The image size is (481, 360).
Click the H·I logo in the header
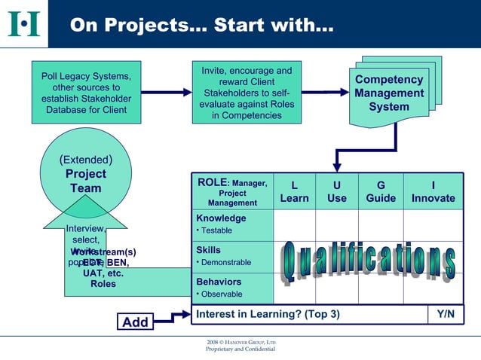click(x=23, y=23)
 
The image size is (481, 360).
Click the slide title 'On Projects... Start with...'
click(x=201, y=25)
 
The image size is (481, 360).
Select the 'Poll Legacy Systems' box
click(x=86, y=93)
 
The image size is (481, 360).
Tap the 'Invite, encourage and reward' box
click(x=247, y=93)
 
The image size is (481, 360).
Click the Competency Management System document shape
click(x=389, y=93)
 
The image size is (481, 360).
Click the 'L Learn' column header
click(x=294, y=191)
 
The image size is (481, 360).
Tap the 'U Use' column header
click(x=337, y=191)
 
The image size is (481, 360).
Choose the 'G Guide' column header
click(x=381, y=191)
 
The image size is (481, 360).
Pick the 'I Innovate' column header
click(x=433, y=191)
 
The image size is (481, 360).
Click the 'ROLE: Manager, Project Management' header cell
click(x=232, y=192)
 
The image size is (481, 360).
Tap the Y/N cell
click(x=445, y=314)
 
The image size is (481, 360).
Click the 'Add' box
click(x=136, y=322)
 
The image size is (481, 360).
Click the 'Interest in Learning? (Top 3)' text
click(x=268, y=314)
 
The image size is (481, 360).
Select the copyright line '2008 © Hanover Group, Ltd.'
click(x=240, y=343)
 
